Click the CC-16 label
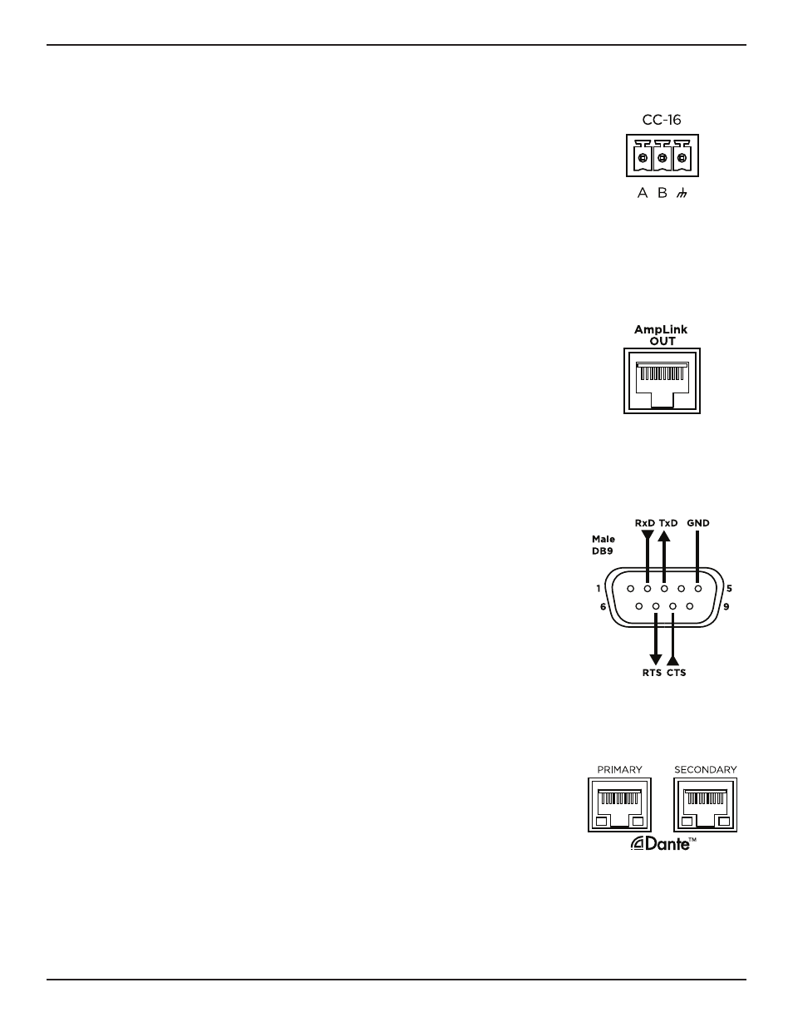(661, 120)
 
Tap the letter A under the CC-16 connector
(643, 193)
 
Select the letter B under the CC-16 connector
(662, 193)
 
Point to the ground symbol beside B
(681, 193)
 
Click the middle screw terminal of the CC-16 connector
(662, 158)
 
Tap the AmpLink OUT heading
(661, 335)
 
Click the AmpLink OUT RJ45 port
(662, 381)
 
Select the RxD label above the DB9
(645, 523)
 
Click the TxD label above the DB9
(667, 523)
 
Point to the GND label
(698, 523)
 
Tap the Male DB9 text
(603, 545)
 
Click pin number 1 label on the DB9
(598, 589)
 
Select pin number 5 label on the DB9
(729, 589)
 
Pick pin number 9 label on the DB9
(727, 606)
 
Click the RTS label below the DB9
(652, 673)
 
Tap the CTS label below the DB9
(677, 673)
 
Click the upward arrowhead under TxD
(664, 536)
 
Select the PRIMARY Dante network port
(619, 804)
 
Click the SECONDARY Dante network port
(705, 804)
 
